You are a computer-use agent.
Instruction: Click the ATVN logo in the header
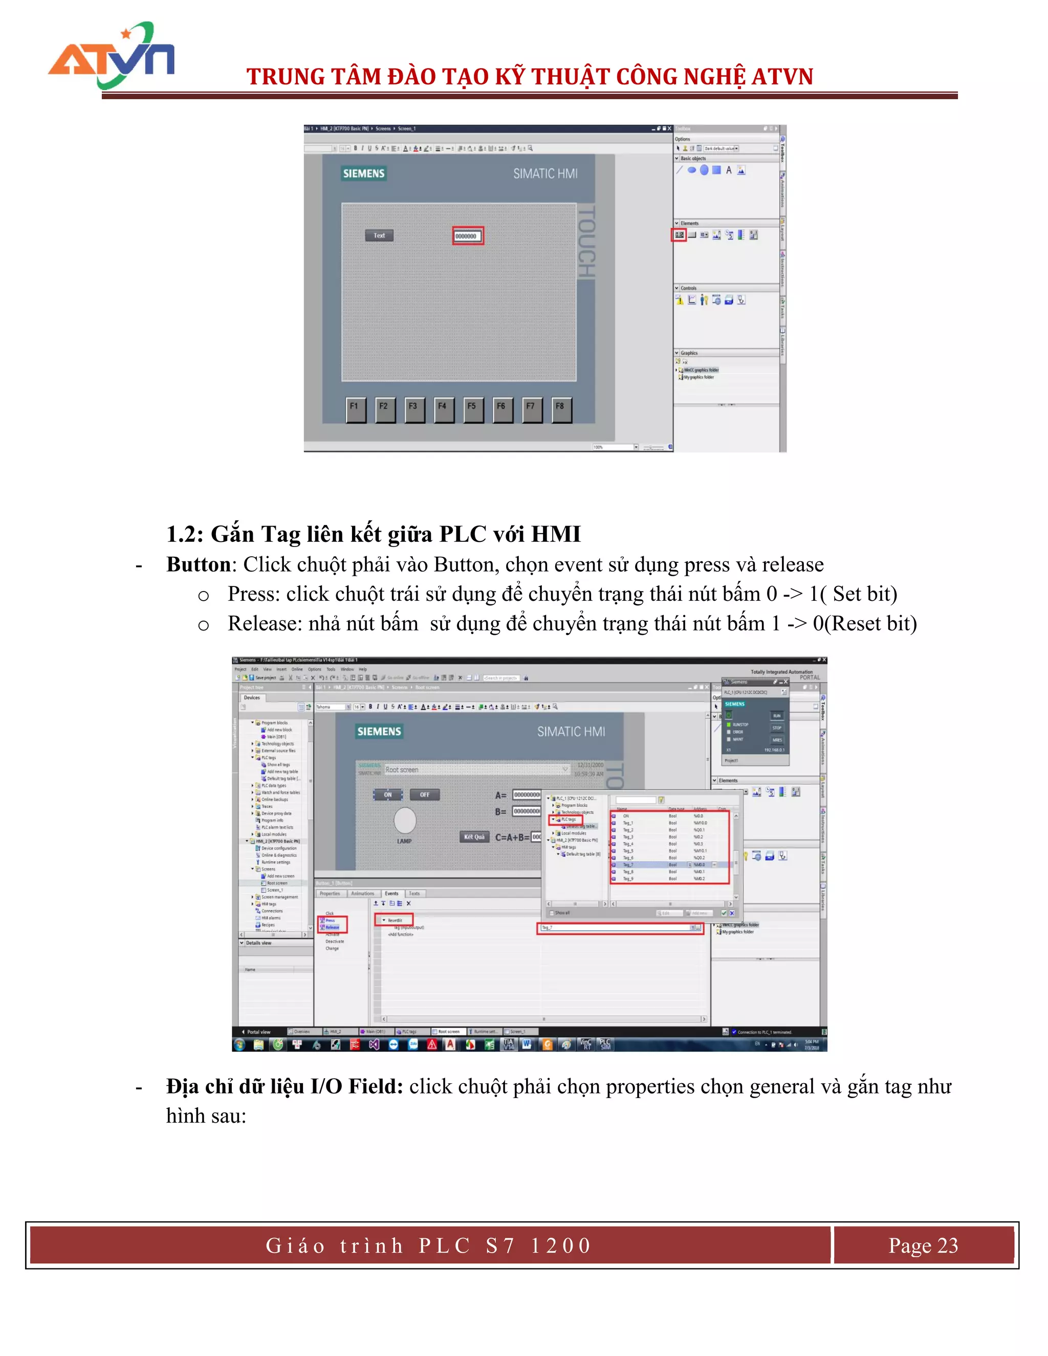112,56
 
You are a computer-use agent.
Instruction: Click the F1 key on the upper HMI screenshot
355,408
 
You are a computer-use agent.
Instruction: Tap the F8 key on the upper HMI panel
561,408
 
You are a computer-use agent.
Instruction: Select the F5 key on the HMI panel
472,408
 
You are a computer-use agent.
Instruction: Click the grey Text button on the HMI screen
379,236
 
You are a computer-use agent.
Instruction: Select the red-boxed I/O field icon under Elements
679,235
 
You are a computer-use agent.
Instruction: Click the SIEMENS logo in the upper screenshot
364,174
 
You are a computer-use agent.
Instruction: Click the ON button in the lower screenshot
387,795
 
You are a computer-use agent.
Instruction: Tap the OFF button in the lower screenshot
425,795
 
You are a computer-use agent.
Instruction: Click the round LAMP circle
405,820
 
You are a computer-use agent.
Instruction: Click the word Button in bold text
198,565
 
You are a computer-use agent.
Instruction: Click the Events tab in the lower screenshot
392,893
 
